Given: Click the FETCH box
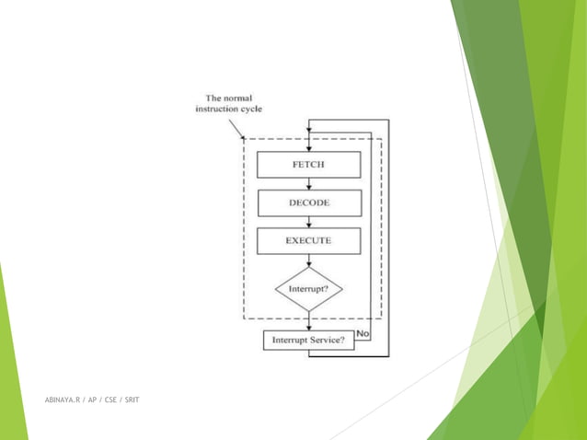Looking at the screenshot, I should pos(308,164).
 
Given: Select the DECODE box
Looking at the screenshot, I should pos(308,203).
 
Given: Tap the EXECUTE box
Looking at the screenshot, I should pos(308,241).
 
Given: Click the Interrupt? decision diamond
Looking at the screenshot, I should pos(308,289).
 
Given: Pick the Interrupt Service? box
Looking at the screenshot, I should pos(308,341).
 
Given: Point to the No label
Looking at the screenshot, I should pos(363,332).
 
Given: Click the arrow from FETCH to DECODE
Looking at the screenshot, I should pos(309,184).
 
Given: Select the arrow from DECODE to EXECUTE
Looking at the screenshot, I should pos(309,222).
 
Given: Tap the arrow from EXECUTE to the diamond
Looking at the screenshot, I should pos(309,261).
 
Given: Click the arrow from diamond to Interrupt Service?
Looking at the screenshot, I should pos(309,320).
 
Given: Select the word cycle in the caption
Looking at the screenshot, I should pos(252,109).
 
